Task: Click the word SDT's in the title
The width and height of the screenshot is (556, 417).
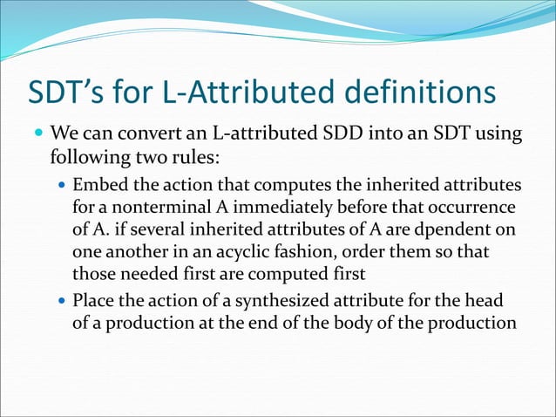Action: tap(71, 92)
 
